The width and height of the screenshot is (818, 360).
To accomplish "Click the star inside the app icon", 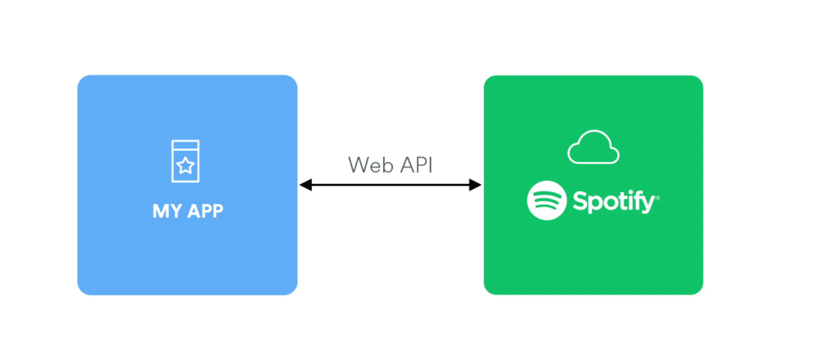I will click(185, 165).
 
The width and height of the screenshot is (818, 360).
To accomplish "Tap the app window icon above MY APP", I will click(185, 161).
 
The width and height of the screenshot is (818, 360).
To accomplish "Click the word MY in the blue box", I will click(167, 211).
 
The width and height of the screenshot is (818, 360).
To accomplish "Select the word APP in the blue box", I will click(205, 211).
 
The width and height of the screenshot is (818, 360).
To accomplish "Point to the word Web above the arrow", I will click(370, 165).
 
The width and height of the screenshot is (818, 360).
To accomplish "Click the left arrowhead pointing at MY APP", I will click(306, 185).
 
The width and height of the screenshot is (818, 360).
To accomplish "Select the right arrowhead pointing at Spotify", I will click(475, 185).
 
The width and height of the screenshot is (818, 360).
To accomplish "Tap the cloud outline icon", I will click(593, 147).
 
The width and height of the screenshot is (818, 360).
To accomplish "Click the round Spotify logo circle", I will click(547, 200).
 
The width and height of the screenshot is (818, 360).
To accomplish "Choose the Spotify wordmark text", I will click(613, 201).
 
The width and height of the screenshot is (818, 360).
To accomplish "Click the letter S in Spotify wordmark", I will click(579, 200).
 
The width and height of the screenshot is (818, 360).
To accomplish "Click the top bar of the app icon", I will click(185, 145).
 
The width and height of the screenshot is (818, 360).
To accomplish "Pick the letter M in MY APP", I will click(161, 211).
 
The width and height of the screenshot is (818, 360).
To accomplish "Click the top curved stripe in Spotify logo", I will click(546, 193).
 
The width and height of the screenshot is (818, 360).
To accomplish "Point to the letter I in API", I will click(430, 165).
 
